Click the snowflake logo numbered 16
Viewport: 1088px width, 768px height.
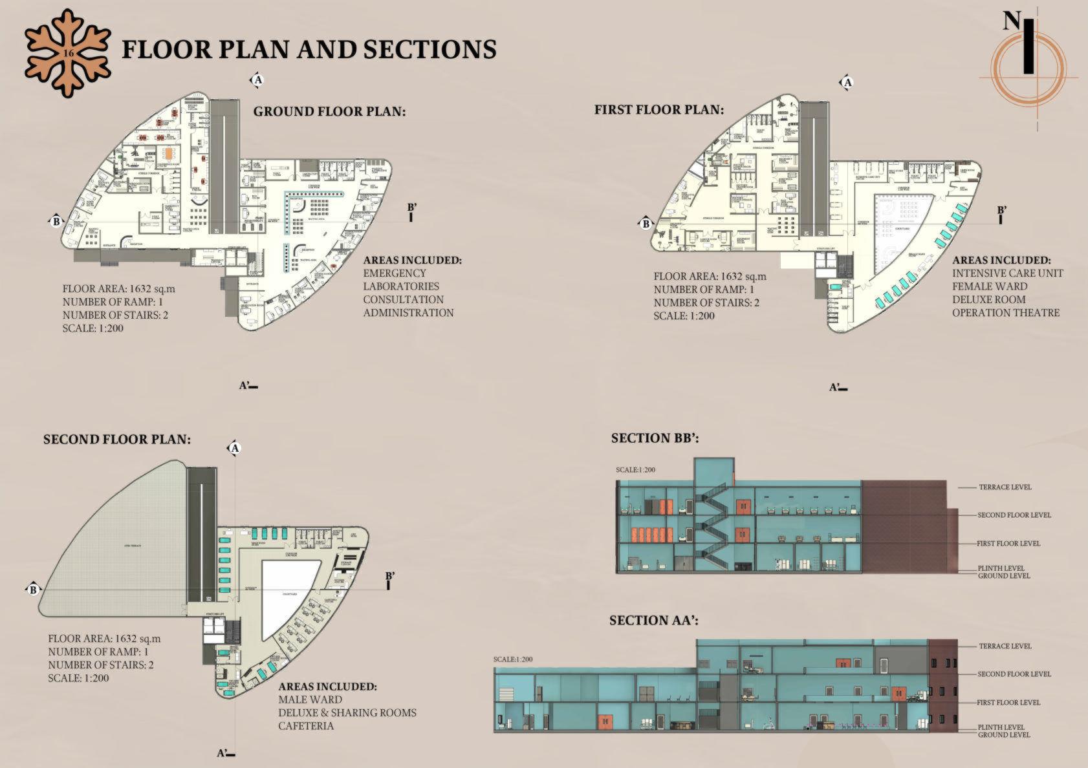tap(66, 53)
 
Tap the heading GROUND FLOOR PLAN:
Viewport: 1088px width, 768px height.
tap(329, 111)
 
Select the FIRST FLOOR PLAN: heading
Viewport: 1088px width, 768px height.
tap(658, 110)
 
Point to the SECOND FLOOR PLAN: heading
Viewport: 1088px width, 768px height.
tap(117, 440)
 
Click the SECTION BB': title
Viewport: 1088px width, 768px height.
tap(655, 438)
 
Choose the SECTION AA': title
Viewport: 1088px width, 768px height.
tap(654, 621)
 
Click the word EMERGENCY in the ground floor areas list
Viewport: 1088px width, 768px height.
tap(395, 273)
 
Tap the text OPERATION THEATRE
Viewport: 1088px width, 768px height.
tap(1006, 313)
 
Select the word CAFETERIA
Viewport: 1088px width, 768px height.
tap(306, 726)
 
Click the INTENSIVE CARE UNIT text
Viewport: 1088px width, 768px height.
tap(1007, 273)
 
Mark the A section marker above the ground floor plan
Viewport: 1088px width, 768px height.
tap(257, 80)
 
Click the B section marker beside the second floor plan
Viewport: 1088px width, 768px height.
tap(33, 589)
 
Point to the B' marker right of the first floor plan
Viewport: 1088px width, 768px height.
tap(1001, 211)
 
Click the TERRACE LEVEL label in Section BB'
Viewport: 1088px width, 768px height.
tap(1005, 487)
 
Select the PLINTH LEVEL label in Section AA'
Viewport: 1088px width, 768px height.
tap(1001, 727)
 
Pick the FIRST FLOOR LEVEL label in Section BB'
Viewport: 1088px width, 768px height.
tap(1008, 544)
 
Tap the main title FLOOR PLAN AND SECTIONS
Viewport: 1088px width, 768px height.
tap(309, 50)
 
